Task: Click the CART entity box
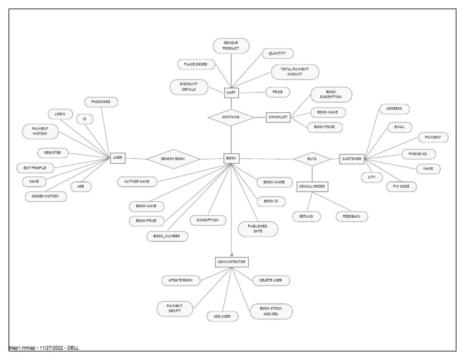pos(230,93)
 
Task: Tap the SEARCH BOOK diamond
pos(172,158)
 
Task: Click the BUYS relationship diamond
pos(312,159)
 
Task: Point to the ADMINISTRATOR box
pos(232,262)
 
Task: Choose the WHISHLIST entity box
pos(279,118)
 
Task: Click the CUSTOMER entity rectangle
pos(352,159)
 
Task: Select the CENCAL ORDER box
pos(312,186)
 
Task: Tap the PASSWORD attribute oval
pos(101,102)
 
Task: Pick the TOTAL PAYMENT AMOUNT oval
pos(295,72)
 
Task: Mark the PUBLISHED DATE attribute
pos(258,228)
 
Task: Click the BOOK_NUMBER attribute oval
pos(167,236)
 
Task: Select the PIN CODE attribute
pos(401,187)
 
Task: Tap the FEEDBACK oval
pos(352,216)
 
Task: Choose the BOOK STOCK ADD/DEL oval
pos(271,312)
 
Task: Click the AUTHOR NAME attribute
pos(137,181)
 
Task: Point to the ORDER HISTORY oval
pos(45,196)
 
